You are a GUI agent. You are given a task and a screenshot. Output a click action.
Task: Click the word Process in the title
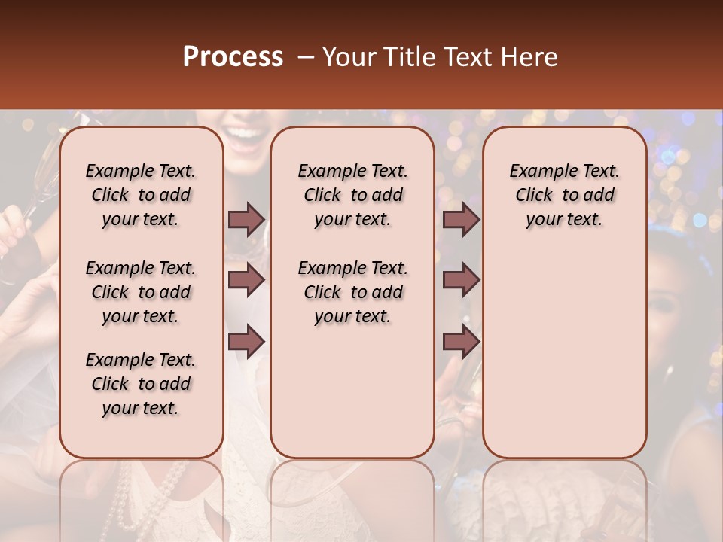point(233,56)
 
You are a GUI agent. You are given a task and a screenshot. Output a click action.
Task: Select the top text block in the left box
point(141,195)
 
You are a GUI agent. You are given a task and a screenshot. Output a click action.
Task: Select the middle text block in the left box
point(141,292)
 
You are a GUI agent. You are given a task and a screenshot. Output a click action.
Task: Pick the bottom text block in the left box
point(141,384)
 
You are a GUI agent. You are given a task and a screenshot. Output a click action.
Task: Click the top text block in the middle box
point(352,195)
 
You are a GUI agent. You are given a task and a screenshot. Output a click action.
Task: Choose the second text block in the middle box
point(352,292)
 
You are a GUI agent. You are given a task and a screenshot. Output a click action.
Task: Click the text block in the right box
point(565,195)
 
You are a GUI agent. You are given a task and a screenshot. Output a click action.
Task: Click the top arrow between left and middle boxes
point(246,219)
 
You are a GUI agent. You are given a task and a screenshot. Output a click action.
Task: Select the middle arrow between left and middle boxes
point(246,280)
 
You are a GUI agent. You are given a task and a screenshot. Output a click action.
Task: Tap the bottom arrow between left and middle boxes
point(246,341)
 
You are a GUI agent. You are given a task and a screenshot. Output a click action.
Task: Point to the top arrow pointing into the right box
point(461,219)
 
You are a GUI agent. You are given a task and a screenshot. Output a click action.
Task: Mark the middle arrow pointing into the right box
point(461,280)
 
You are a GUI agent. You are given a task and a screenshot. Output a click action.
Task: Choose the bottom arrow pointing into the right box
point(461,341)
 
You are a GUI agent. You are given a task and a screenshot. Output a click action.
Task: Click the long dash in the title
point(306,56)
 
